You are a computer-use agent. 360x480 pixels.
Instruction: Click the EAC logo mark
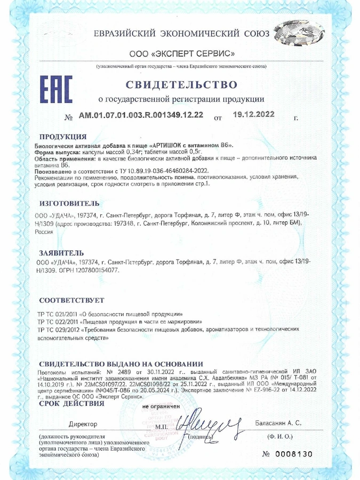(x=56, y=91)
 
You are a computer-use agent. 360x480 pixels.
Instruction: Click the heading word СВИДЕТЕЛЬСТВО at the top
(x=181, y=85)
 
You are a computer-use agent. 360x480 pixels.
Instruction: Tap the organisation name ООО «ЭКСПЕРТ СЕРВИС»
(x=182, y=54)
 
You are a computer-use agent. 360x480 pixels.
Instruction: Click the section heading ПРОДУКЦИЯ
(x=63, y=137)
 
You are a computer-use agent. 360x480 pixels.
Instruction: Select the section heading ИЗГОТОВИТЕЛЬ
(x=69, y=203)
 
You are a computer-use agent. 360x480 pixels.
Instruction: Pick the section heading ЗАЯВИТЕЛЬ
(x=61, y=252)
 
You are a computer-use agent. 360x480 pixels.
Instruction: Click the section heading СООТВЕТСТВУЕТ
(x=71, y=300)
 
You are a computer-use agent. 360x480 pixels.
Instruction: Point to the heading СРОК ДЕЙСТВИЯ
(x=71, y=403)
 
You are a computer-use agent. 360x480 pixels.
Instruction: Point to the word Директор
(x=83, y=424)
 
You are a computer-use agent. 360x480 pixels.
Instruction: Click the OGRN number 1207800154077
(x=98, y=270)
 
